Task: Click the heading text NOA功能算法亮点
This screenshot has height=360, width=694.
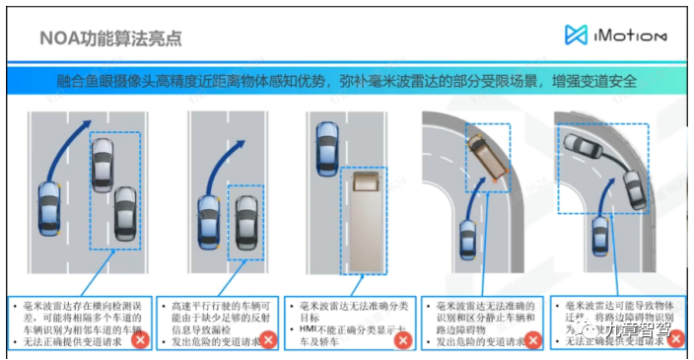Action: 110,38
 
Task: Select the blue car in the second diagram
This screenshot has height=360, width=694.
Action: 209,223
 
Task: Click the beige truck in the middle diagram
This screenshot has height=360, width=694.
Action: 366,218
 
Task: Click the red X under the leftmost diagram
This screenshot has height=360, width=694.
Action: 141,340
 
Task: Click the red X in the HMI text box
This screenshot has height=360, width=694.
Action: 401,340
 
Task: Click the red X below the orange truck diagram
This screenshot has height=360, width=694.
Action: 532,340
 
